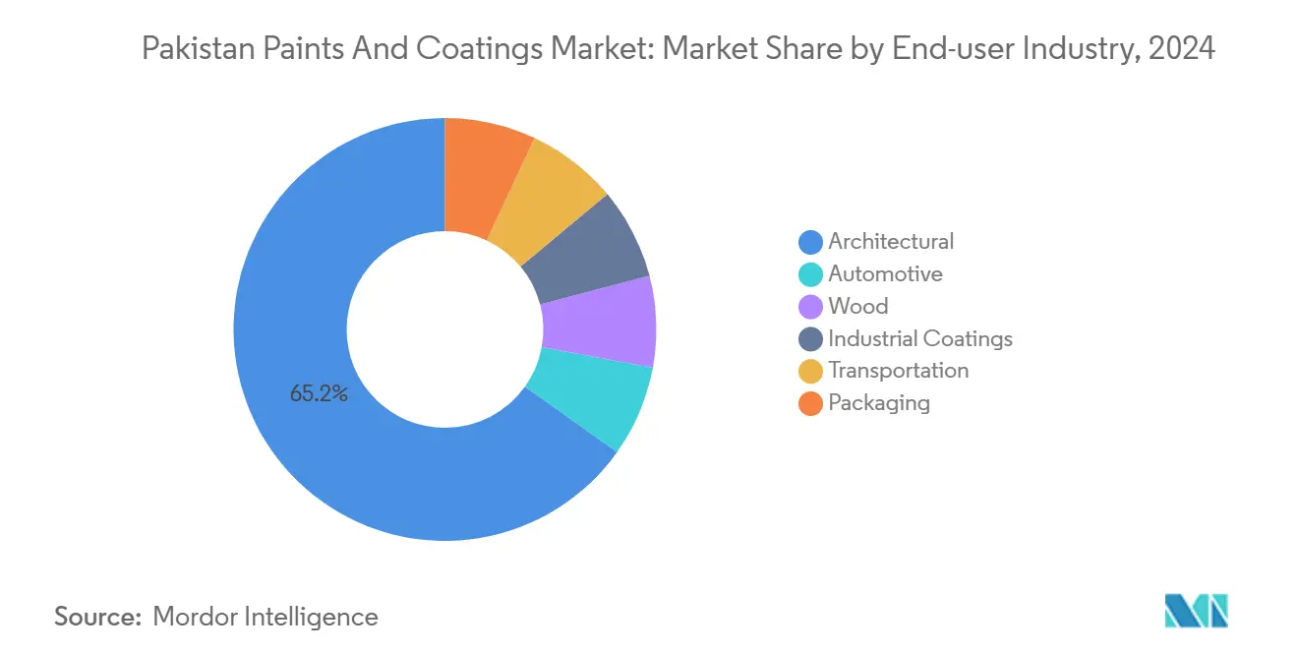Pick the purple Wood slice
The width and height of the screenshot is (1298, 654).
[x=599, y=322]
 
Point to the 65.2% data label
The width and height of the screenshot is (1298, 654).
[x=319, y=394]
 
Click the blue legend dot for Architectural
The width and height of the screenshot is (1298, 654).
[x=810, y=242]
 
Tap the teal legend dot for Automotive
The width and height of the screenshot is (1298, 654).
[x=810, y=274]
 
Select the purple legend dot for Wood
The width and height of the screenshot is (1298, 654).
[x=810, y=307]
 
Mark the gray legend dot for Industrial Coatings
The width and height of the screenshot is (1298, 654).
[x=810, y=339]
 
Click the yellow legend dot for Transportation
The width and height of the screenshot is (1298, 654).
[x=810, y=371]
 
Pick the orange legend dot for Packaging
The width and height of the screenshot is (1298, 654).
[x=810, y=403]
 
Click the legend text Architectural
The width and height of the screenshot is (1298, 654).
[x=891, y=242]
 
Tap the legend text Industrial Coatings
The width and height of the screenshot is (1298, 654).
[x=920, y=339]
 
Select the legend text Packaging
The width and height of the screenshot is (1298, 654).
[x=879, y=403]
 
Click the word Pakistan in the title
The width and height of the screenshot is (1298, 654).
[x=191, y=49]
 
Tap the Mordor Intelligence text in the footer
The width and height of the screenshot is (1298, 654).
[x=265, y=617]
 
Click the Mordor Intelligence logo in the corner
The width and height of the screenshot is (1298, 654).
[x=1196, y=611]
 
